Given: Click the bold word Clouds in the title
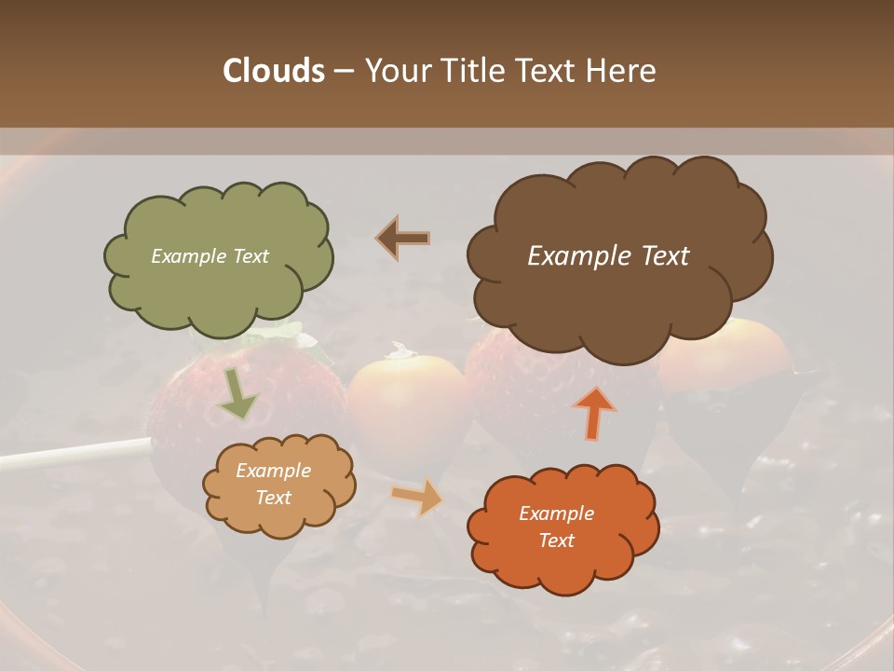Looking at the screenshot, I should [273, 71].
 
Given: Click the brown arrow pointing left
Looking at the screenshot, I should [404, 238].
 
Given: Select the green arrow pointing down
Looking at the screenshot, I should [237, 394].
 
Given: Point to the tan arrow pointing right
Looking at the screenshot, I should [417, 497].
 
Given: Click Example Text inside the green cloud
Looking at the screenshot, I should [210, 256].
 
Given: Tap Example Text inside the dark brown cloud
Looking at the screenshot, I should [608, 256].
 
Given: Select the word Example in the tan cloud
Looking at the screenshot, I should [273, 471].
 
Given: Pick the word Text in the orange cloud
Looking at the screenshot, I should [557, 541].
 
